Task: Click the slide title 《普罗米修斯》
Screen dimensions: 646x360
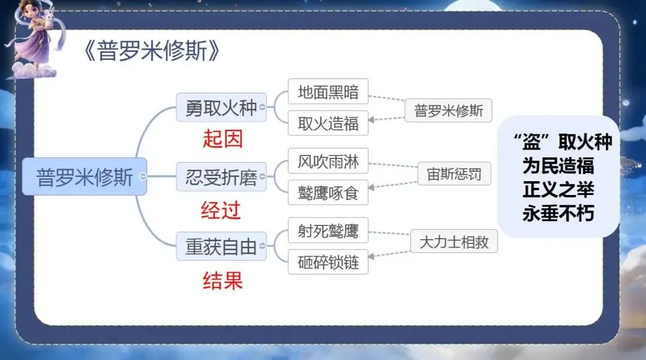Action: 153,52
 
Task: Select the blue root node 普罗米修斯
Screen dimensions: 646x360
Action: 84,176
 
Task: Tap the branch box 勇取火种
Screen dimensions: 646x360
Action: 221,108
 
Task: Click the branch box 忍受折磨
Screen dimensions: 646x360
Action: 221,178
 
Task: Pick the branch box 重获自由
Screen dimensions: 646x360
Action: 221,246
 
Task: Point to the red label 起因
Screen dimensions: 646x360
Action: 223,139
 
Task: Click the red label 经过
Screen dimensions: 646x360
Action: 221,209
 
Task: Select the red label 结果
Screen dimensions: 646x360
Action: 223,280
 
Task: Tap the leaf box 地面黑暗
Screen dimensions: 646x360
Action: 328,91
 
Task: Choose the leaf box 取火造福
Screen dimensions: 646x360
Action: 328,123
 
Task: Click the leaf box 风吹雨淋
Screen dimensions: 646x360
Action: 328,161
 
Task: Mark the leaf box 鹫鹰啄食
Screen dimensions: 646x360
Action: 328,193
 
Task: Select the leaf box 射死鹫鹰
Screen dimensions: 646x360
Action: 328,230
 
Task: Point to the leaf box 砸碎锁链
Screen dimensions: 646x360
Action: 328,262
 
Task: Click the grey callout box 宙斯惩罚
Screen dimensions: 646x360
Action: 453,175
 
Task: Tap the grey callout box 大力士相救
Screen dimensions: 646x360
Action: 453,242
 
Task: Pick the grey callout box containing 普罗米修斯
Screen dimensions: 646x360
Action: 448,111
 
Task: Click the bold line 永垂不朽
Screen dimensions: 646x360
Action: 558,213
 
